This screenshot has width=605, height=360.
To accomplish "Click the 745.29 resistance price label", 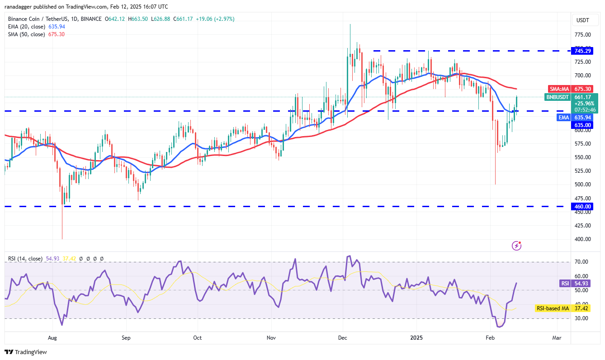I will pyautogui.click(x=583, y=51).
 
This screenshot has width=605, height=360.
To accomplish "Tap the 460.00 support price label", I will pyautogui.click(x=583, y=206).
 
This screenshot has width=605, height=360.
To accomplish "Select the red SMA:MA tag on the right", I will pyautogui.click(x=558, y=89).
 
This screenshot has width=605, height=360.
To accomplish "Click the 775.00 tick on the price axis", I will pyautogui.click(x=583, y=34).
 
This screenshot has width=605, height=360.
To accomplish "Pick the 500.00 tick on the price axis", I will pyautogui.click(x=583, y=185).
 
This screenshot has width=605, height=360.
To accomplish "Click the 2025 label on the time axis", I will pyautogui.click(x=416, y=337).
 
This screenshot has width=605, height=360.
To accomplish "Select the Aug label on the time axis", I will pyautogui.click(x=52, y=337).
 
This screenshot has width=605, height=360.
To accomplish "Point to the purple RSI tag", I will pyautogui.click(x=565, y=283).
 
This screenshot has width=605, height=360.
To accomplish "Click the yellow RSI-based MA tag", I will pyautogui.click(x=552, y=308).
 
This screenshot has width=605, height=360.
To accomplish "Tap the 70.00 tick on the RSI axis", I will pyautogui.click(x=581, y=262).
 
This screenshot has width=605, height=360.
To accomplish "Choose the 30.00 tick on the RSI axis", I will pyautogui.click(x=581, y=318).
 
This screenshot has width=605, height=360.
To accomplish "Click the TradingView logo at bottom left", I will pyautogui.click(x=26, y=352).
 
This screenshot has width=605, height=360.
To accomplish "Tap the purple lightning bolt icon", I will pyautogui.click(x=516, y=246).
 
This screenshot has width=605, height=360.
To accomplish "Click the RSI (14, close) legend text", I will pyautogui.click(x=25, y=259).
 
